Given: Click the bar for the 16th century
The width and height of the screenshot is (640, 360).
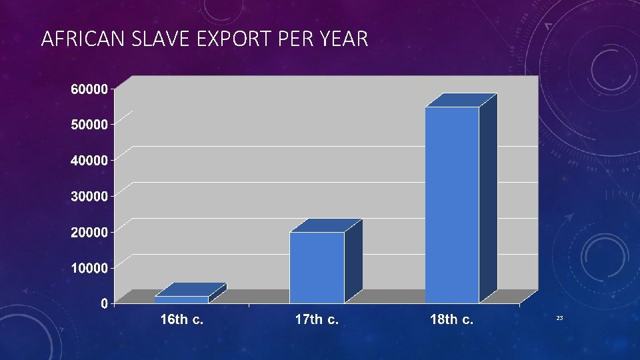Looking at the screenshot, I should pyautogui.click(x=181, y=299).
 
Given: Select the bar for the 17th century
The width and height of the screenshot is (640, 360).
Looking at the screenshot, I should pyautogui.click(x=317, y=267).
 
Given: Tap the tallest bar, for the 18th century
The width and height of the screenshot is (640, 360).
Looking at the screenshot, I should pyautogui.click(x=452, y=204).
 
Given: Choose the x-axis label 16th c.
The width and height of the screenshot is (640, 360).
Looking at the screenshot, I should pyautogui.click(x=181, y=320).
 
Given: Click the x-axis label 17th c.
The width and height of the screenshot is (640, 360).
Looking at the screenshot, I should pyautogui.click(x=317, y=320).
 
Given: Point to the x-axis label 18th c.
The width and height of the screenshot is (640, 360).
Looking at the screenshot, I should pyautogui.click(x=452, y=320).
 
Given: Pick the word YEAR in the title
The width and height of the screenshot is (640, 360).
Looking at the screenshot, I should pyautogui.click(x=342, y=40).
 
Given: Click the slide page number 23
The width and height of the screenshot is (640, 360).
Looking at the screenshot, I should pyautogui.click(x=559, y=319).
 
